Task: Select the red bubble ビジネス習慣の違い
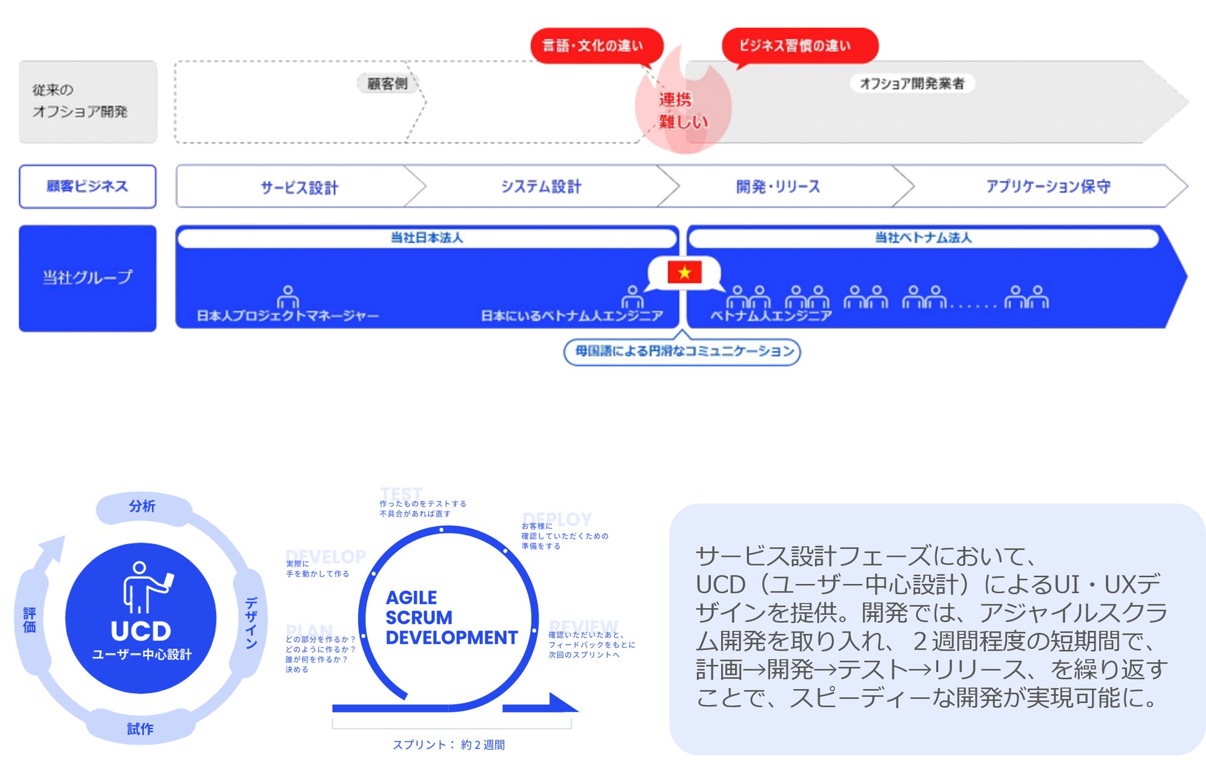tap(798, 45)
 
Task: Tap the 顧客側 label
tap(387, 83)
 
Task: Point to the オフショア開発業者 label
tap(912, 83)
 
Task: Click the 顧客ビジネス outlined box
tap(87, 186)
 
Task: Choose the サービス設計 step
tap(299, 187)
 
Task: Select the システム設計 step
tap(541, 187)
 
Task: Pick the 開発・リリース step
tap(778, 187)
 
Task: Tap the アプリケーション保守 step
tap(1048, 187)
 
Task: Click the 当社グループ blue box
tap(87, 278)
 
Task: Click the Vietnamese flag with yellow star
tap(684, 273)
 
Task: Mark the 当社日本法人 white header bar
tap(427, 238)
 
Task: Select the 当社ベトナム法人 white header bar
tap(923, 238)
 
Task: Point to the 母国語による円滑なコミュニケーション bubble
tap(683, 352)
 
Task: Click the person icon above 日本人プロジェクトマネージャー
tap(288, 297)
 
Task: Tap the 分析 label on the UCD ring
tap(142, 507)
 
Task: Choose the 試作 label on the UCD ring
tap(140, 729)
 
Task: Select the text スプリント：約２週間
tap(449, 745)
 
